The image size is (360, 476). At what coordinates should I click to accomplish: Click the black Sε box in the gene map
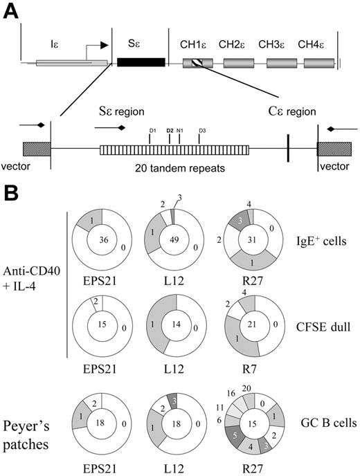point(141,62)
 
